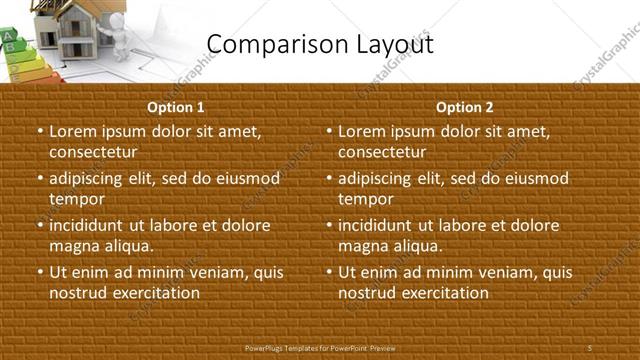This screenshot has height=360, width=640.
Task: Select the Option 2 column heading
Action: point(464,107)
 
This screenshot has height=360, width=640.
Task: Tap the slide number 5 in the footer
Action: point(590,347)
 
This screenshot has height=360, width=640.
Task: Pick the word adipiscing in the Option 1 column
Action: point(92,178)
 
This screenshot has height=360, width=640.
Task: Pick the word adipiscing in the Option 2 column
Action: point(381,178)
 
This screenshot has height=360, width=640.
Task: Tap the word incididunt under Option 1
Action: point(93,225)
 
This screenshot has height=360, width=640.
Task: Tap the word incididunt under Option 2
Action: point(382,225)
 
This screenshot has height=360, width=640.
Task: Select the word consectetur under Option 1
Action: point(93,152)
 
